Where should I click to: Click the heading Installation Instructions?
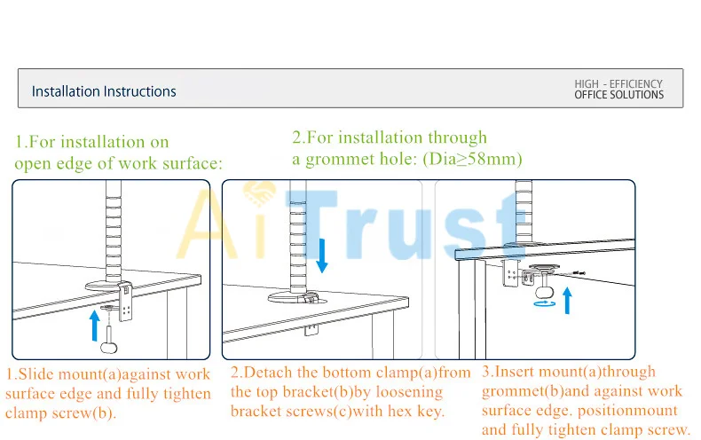[104, 91]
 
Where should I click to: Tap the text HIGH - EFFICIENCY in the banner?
[618, 84]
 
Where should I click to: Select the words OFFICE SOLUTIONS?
[618, 95]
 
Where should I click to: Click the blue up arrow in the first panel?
[94, 326]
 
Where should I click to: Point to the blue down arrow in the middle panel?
[322, 255]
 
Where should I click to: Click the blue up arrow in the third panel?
[567, 301]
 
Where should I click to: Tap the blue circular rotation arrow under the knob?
[545, 303]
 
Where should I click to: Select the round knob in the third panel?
[545, 292]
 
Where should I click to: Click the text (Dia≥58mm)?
[473, 159]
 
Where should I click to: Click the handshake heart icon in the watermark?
[259, 194]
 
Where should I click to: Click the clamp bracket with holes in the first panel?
[126, 301]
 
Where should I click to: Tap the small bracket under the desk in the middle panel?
[311, 329]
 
